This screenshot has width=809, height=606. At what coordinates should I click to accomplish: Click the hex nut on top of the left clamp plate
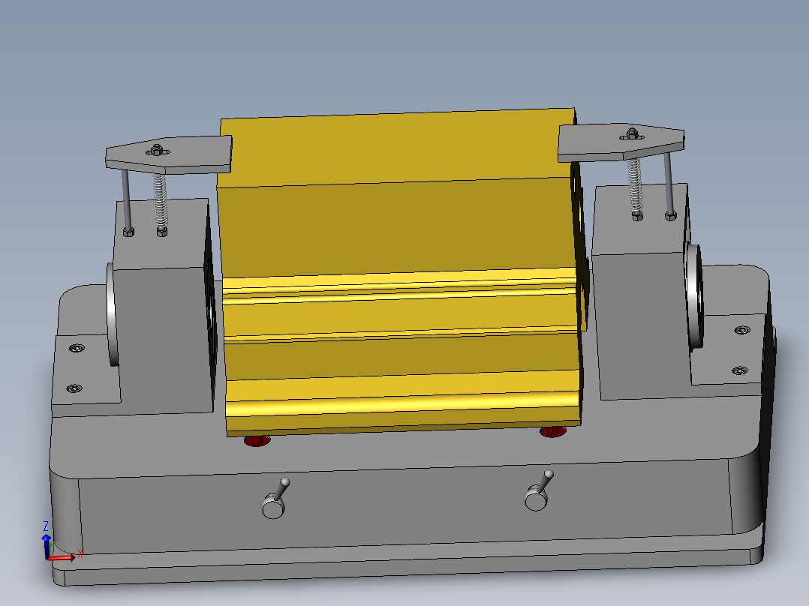point(157,148)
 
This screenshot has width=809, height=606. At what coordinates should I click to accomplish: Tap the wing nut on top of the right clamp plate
point(630,135)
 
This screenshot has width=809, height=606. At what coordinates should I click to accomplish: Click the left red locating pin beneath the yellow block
point(256,441)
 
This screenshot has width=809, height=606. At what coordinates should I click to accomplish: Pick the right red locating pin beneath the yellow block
point(552,432)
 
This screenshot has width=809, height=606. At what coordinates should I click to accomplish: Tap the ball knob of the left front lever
point(285,481)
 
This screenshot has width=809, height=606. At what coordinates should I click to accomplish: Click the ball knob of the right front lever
point(549,474)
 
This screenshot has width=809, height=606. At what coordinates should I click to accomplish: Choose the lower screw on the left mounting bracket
point(74,388)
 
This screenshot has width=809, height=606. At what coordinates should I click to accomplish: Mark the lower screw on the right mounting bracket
point(738,370)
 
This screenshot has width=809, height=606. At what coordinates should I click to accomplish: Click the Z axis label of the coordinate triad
point(46,526)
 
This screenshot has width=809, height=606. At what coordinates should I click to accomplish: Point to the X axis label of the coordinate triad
point(80,553)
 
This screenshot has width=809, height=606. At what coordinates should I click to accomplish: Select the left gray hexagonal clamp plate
point(169,155)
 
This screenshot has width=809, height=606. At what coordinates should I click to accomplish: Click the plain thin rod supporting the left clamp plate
point(125,199)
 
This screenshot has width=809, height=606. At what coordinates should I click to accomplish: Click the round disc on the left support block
point(113,315)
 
